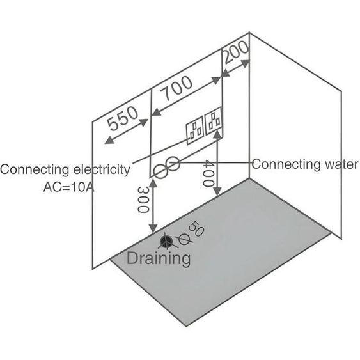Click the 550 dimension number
pyautogui.click(x=123, y=118)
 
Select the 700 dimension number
pyautogui.click(x=176, y=89)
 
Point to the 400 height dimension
pyautogui.click(x=208, y=173)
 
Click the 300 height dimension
pyautogui.click(x=143, y=200)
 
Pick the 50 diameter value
pyautogui.click(x=196, y=228)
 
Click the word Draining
pyautogui.click(x=159, y=258)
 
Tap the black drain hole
pyautogui.click(x=166, y=240)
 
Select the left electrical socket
pyautogui.click(x=195, y=130)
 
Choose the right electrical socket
pyautogui.click(x=214, y=121)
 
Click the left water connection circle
pyautogui.click(x=160, y=171)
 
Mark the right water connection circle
pyautogui.click(x=173, y=164)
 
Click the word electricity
pyautogui.click(x=102, y=169)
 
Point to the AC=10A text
pyautogui.click(x=68, y=187)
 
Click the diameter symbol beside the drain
pyautogui.click(x=184, y=239)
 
